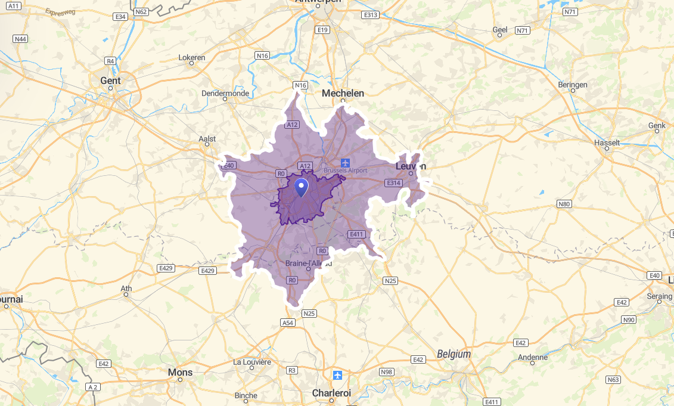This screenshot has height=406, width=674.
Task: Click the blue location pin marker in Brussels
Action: [302, 187]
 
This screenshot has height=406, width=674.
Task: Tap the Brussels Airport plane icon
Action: [345, 162]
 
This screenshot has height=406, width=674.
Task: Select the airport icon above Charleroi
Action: [338, 375]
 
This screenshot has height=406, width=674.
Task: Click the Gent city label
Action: [110, 80]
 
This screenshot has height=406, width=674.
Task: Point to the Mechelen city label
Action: [343, 93]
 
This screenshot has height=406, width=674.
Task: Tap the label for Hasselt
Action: [607, 143]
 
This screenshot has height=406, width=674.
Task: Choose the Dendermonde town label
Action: [225, 94]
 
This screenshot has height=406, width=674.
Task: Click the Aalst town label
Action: [207, 139]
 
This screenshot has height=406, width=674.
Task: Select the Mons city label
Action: [180, 372]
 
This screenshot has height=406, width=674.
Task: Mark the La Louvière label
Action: [252, 362]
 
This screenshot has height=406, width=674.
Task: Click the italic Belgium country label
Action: [454, 354]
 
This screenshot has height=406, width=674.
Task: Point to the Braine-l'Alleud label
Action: [308, 264]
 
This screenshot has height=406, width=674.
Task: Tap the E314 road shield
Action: [393, 183]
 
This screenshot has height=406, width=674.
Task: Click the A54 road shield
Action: [288, 323]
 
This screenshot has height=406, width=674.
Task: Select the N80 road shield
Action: [564, 204]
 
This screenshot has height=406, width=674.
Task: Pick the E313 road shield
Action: [370, 15]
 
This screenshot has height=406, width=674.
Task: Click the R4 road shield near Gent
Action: [110, 61]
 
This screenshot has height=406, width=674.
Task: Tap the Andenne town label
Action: [533, 357]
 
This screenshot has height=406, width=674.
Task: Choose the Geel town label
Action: [499, 30]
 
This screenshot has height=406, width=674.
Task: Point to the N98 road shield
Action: [387, 372]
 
